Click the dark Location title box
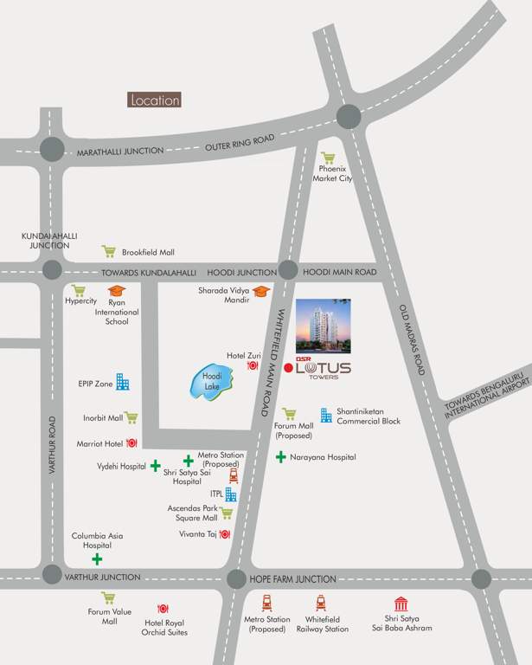[155, 100]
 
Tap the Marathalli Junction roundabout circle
[51, 149]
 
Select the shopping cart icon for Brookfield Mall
[109, 252]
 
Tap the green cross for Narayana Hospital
[281, 456]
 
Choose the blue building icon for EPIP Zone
[123, 382]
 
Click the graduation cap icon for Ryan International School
[117, 291]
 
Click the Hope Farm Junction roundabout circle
[235, 579]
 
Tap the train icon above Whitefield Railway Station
[321, 603]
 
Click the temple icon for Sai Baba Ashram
[401, 604]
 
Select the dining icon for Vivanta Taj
[225, 534]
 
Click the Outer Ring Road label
[240, 142]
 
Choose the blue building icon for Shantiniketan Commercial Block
[326, 416]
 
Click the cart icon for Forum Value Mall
[108, 598]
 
